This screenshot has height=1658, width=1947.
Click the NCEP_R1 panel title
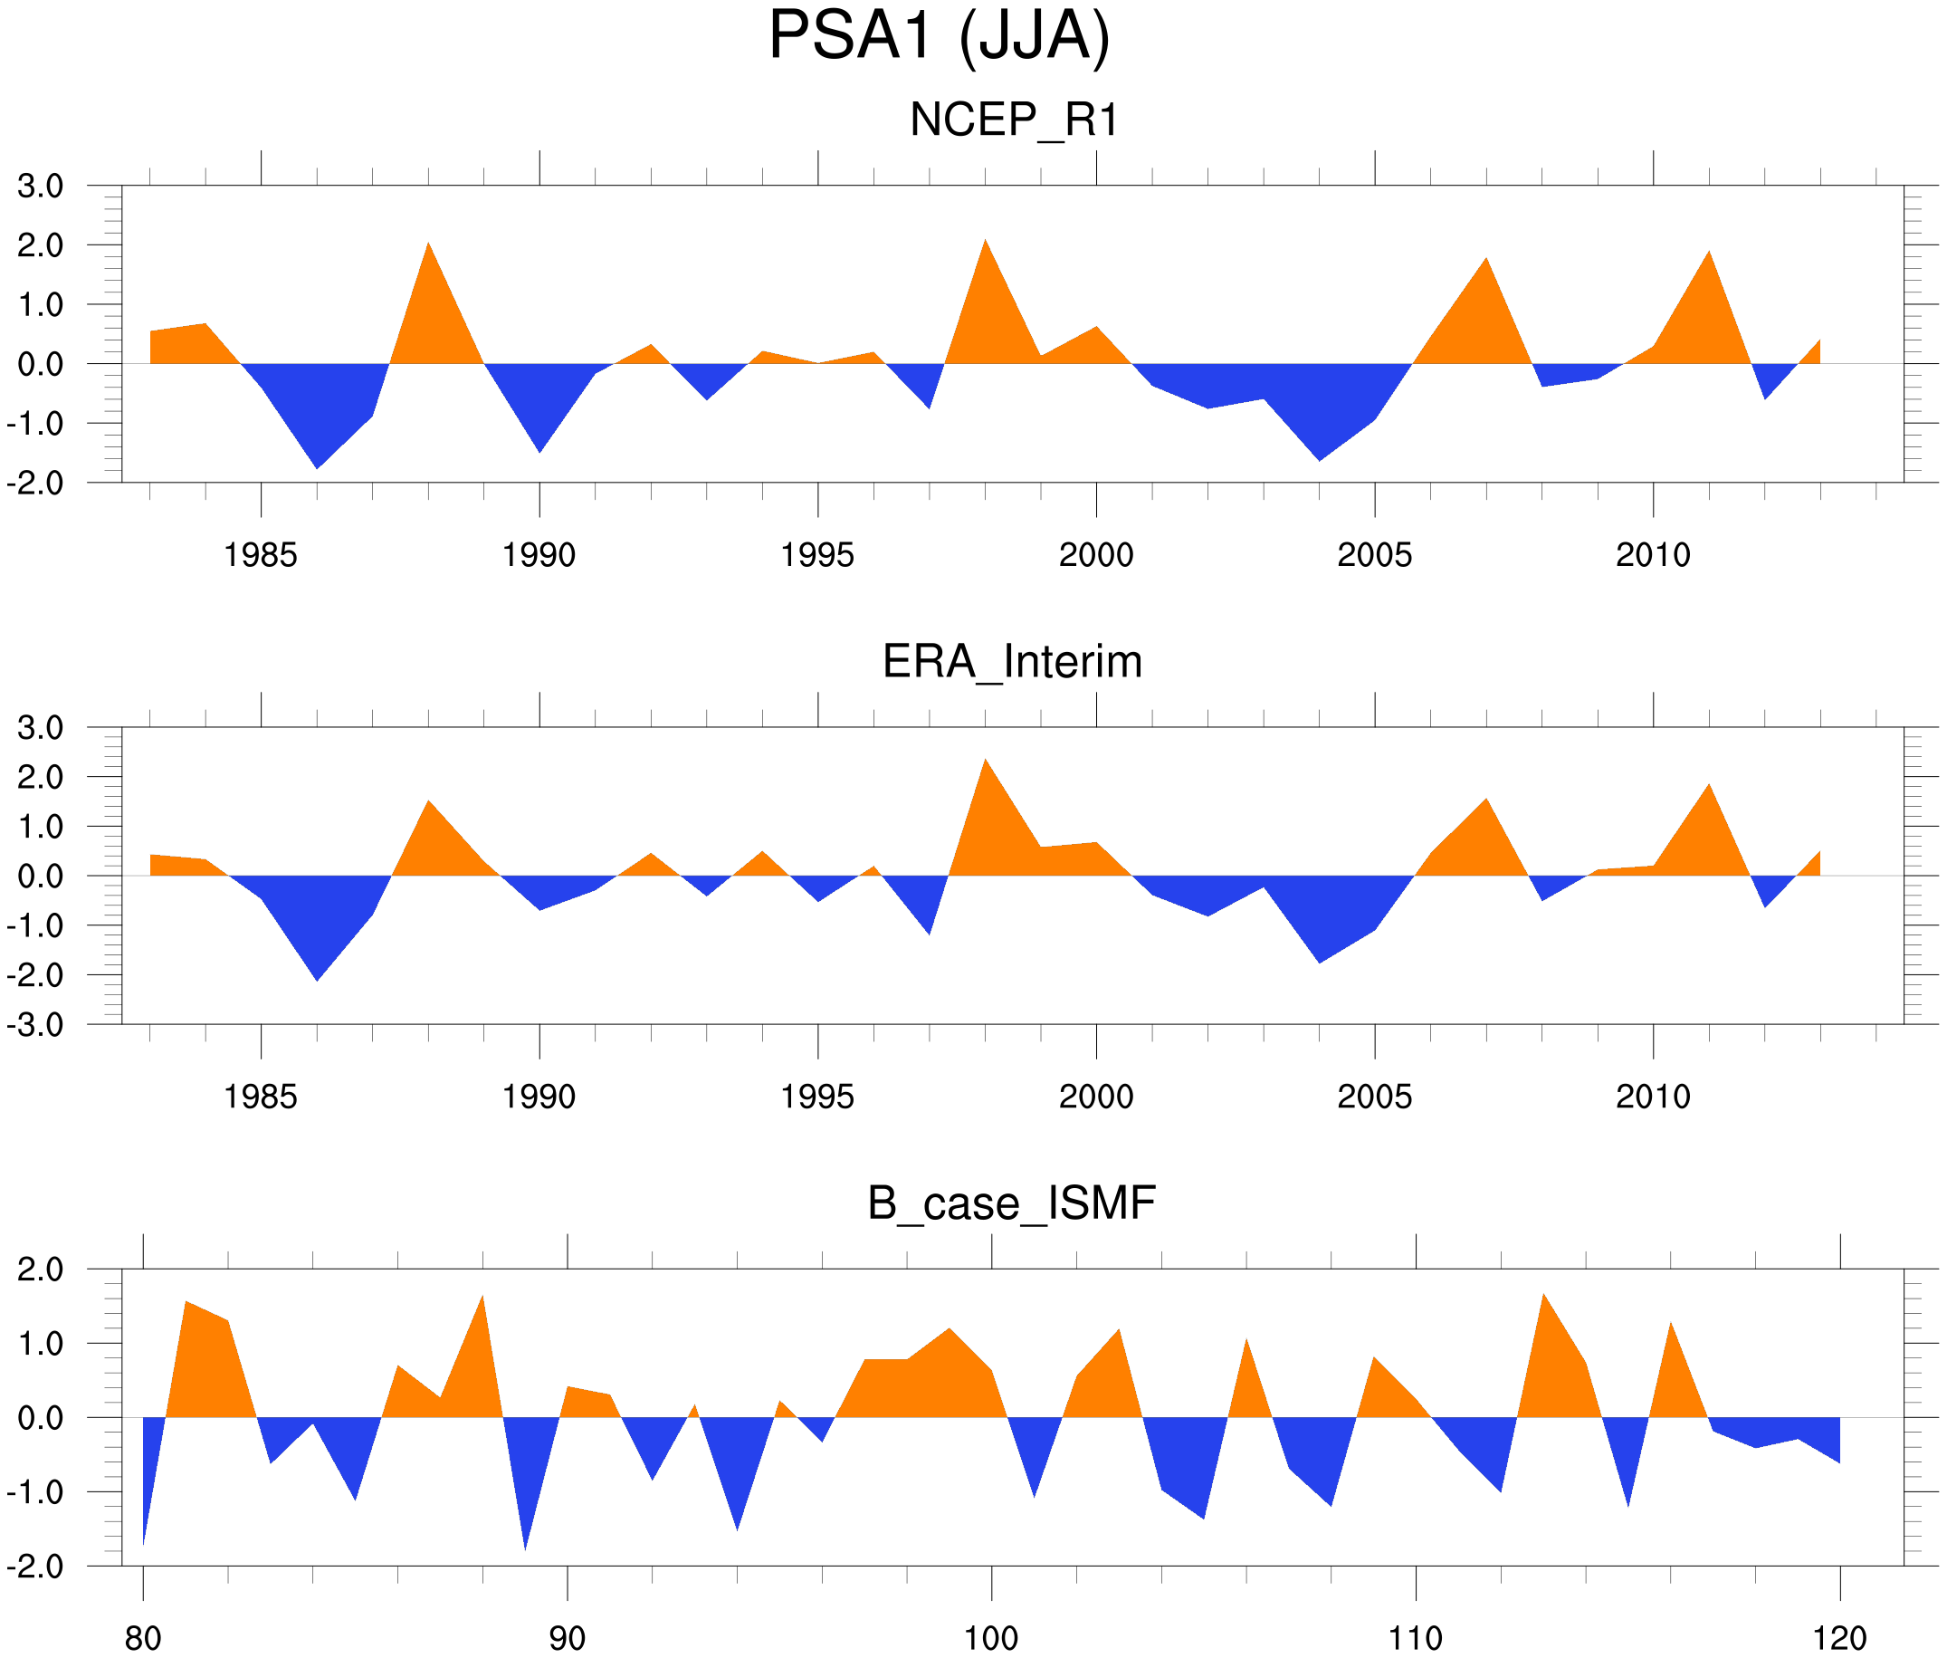click(x=1014, y=120)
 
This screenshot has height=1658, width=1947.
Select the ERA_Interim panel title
click(x=1012, y=662)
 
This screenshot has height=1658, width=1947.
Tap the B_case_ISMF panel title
click(x=1011, y=1203)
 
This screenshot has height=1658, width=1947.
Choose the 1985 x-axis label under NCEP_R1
click(x=261, y=555)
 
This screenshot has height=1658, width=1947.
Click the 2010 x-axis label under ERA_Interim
click(x=1653, y=1097)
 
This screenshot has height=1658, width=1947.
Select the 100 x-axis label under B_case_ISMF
click(x=991, y=1638)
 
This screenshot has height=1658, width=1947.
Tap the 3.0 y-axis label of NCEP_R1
click(x=41, y=187)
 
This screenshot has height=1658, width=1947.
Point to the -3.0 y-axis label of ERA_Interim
click(x=34, y=1025)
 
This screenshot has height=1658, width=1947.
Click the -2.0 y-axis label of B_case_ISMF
click(x=34, y=1567)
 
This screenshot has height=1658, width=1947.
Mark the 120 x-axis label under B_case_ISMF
click(x=1839, y=1638)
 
